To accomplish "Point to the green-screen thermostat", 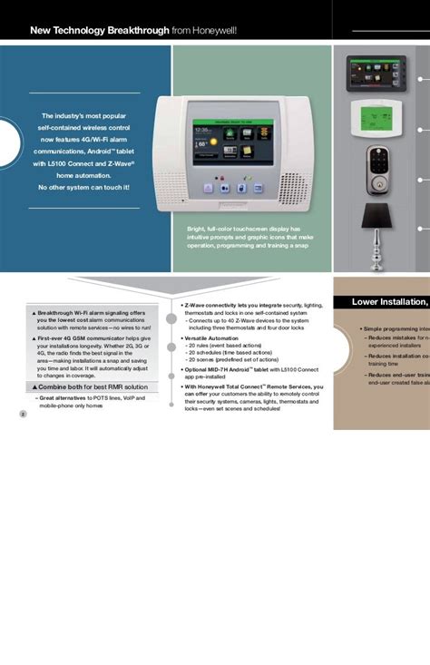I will [377, 117].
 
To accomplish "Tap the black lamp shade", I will [376, 217].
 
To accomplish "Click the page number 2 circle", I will [23, 414].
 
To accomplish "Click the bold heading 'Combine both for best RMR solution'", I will [93, 386].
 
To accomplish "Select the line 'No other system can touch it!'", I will [83, 187].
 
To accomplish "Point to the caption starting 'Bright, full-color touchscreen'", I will [244, 230].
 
